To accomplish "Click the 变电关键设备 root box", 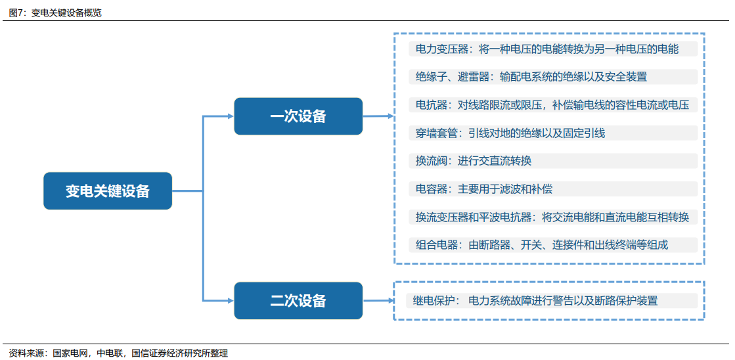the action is click(108, 191).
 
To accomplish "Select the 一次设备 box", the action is click(298, 116).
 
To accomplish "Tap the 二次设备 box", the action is click(298, 300).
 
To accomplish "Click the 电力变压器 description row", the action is click(553, 49).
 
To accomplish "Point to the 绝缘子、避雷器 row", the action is click(553, 77).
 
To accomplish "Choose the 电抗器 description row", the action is click(553, 105).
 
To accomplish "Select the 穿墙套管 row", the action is click(553, 133).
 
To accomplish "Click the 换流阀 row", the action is click(553, 161).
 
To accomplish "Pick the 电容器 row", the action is click(553, 189).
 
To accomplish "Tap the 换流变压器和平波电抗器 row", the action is click(553, 217).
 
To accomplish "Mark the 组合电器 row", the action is click(553, 244).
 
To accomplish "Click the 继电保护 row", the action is click(552, 300).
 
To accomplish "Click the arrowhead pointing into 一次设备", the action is click(231, 116).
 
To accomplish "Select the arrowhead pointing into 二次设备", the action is click(231, 300).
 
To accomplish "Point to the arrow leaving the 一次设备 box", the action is click(378, 116).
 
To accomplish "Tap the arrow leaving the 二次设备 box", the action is click(378, 300).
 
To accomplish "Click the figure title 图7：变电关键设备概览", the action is click(55, 12).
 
